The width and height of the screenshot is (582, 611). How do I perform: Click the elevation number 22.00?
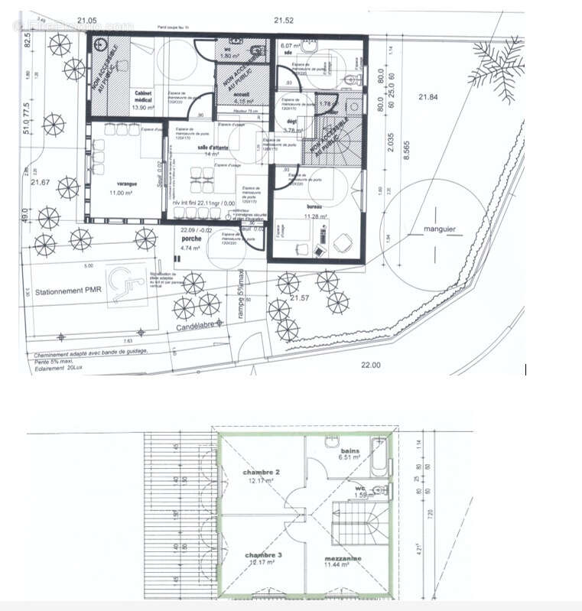point(370,365)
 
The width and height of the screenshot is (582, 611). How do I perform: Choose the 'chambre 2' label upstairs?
point(261,473)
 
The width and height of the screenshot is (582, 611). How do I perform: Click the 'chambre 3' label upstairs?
point(262,554)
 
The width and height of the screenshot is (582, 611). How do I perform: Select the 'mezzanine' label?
point(343,559)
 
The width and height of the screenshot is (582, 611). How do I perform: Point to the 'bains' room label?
point(350,452)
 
